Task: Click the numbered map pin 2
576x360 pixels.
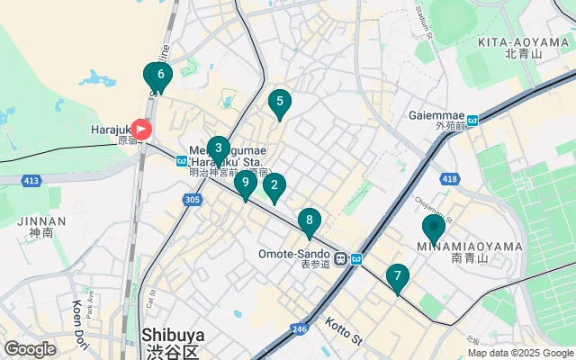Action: pyautogui.click(x=274, y=186)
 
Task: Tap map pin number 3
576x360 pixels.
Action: pyautogui.click(x=218, y=148)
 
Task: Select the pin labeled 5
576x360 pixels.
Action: pyautogui.click(x=280, y=103)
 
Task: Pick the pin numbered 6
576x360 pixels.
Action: pyautogui.click(x=159, y=76)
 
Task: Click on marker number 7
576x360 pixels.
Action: pyautogui.click(x=397, y=277)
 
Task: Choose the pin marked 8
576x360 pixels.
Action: pyautogui.click(x=310, y=220)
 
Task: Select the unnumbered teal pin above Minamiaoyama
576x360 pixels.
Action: pyautogui.click(x=434, y=229)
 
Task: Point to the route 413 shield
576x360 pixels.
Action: pyautogui.click(x=31, y=181)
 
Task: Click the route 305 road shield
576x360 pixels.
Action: pyautogui.click(x=191, y=199)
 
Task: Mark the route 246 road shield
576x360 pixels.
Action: pyautogui.click(x=298, y=331)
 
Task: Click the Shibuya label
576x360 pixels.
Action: pyautogui.click(x=173, y=335)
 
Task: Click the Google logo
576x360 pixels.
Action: pyautogui.click(x=30, y=349)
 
